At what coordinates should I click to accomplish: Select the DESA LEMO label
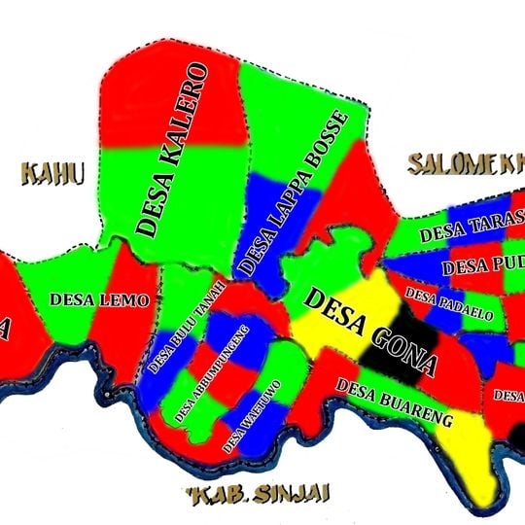pos(101,300)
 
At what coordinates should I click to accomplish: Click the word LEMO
pos(128,300)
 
